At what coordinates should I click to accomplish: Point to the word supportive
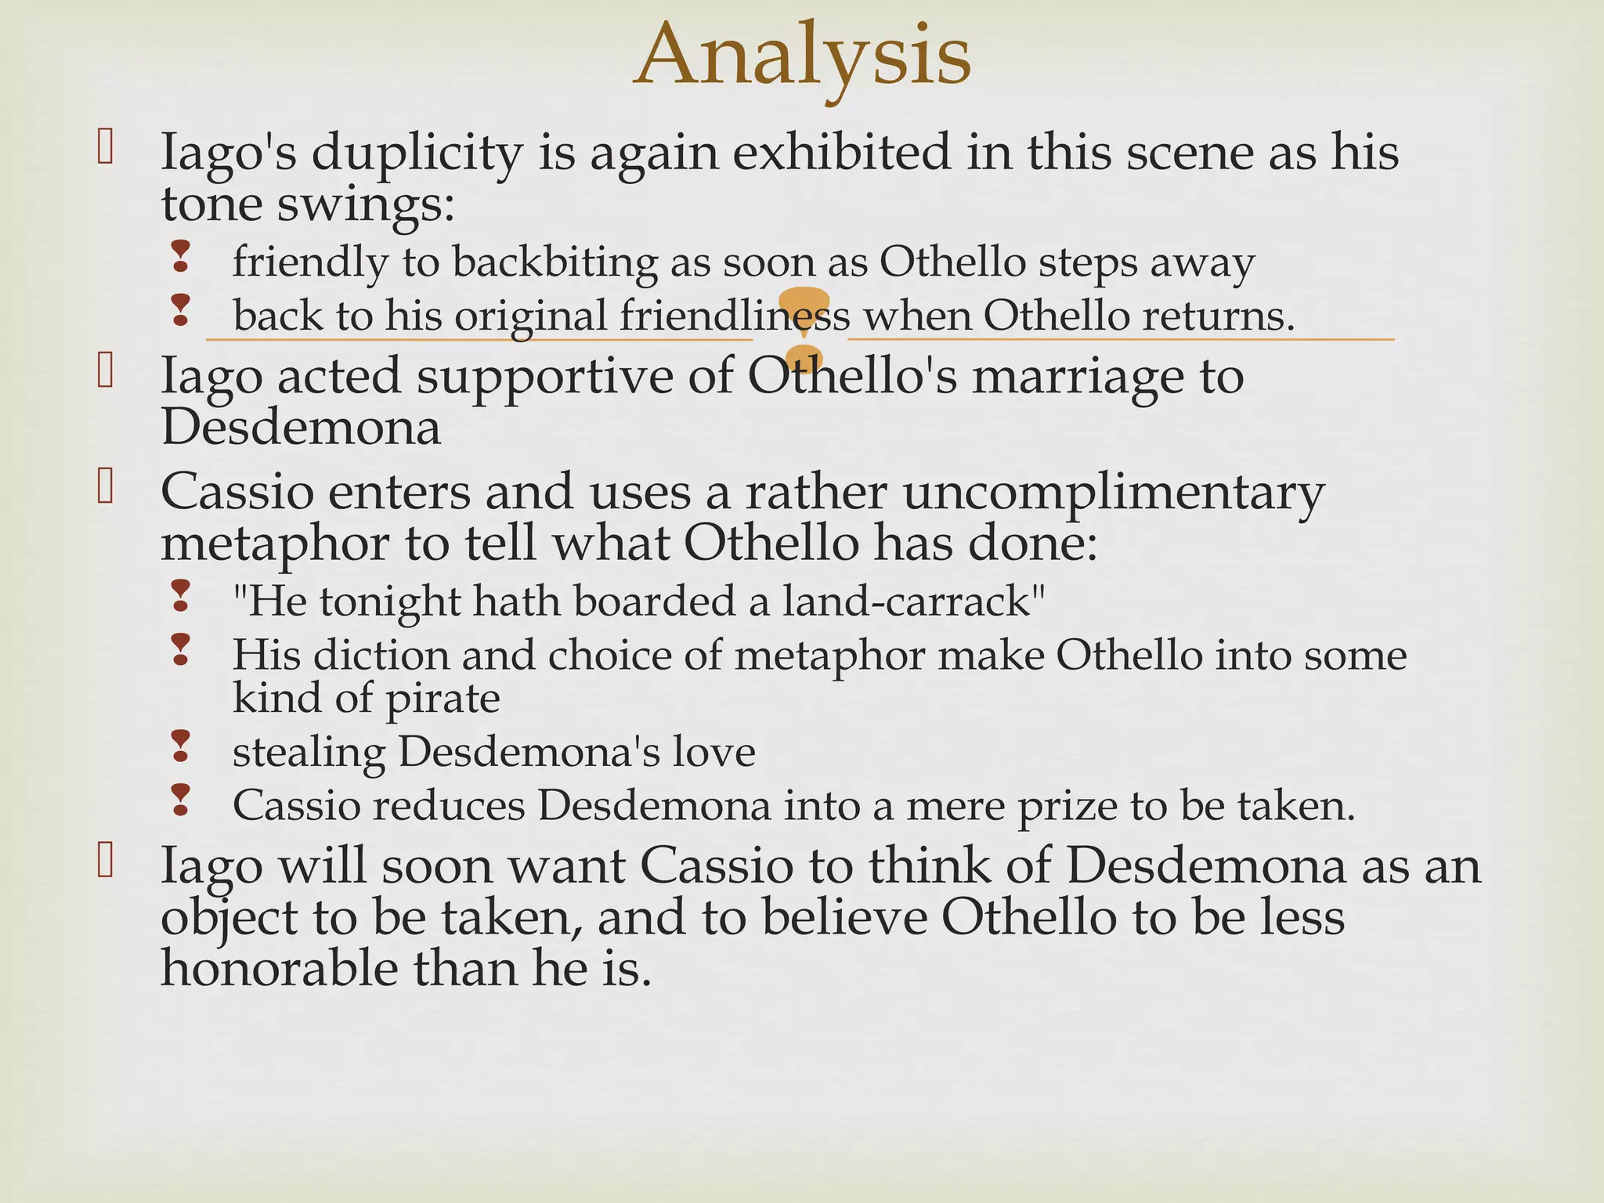(545, 376)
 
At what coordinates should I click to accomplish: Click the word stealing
(309, 752)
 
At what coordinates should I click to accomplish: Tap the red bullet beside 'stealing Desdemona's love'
(181, 746)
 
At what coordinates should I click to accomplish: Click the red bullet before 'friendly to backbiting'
(181, 257)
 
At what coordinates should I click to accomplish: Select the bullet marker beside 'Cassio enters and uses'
(105, 486)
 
